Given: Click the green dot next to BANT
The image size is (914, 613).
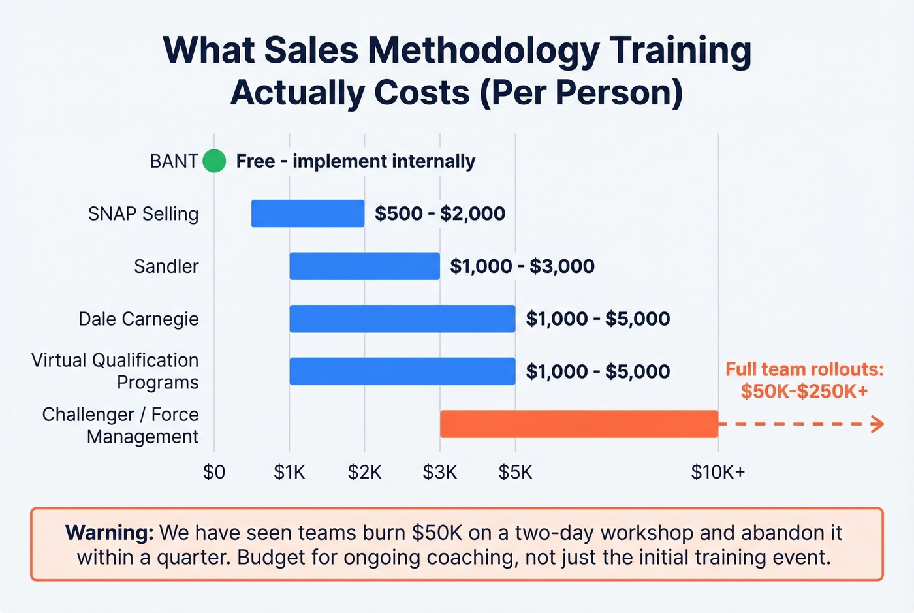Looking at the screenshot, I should click(214, 161).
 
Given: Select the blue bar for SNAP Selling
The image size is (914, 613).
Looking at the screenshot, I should click(307, 213).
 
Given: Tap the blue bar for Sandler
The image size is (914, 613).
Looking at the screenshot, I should click(364, 266).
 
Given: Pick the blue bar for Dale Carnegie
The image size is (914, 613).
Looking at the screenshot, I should click(402, 319).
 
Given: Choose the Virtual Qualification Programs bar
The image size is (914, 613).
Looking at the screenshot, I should click(402, 371).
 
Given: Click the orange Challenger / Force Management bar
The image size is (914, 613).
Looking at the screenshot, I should click(579, 424).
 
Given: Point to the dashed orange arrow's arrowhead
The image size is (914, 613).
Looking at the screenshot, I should click(878, 424).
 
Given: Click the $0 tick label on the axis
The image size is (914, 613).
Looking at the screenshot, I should click(214, 472).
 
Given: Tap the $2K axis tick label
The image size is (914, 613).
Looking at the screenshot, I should click(364, 472).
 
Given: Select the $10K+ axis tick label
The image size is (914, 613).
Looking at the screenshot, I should click(717, 472).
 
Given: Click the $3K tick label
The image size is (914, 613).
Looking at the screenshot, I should click(440, 472).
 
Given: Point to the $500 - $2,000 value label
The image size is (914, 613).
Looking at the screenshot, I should click(440, 213).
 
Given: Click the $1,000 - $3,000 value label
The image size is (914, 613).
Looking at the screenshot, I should click(522, 266).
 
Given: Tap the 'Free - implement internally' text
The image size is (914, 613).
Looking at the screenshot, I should click(356, 161).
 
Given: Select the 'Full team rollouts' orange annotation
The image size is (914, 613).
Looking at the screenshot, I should click(804, 380).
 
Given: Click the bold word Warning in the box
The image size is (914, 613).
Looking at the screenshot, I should click(110, 533).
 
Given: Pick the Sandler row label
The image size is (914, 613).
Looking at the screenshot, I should click(166, 266).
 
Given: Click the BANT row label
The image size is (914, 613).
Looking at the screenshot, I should click(173, 161).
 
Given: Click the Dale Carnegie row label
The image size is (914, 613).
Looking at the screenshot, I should click(138, 319).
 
